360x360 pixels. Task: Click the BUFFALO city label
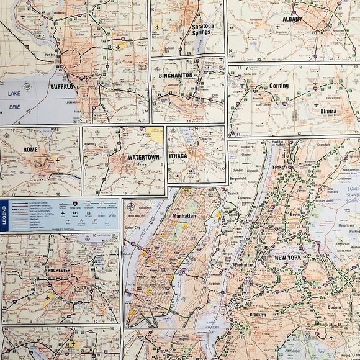coord(61,87)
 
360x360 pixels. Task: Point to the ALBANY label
coord(292,19)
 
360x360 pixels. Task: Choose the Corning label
coord(279,86)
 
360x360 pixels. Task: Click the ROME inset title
coord(29,149)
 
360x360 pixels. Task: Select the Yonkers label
coord(279,168)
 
